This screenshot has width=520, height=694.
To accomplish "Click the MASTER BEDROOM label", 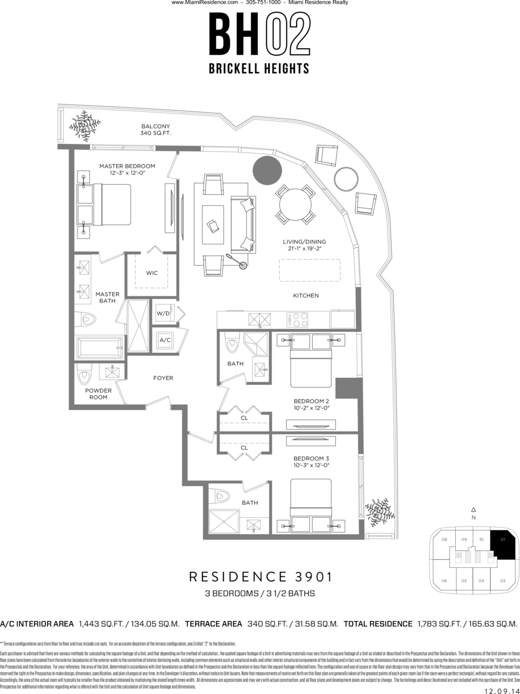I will coord(127,166).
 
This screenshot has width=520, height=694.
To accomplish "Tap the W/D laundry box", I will coord(163,314).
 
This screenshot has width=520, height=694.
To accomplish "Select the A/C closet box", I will coord(165,340).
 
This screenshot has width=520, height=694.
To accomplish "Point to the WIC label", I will coord(152,273).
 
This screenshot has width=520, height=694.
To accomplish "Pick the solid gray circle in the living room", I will coord(267,170).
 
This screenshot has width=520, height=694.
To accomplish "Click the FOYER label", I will coord(163,378).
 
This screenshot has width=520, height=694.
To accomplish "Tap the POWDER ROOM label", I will coord(98,394).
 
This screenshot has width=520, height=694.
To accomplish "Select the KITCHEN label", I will coord(306,296).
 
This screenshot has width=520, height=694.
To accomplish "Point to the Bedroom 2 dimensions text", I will coord(311,408).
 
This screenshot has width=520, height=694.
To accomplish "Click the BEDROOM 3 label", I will coord(311,458).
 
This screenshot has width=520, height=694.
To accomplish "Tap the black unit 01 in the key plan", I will coord(502,546).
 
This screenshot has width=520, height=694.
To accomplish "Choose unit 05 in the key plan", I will coord(464,581).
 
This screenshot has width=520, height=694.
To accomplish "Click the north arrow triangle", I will coord(473,510).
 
